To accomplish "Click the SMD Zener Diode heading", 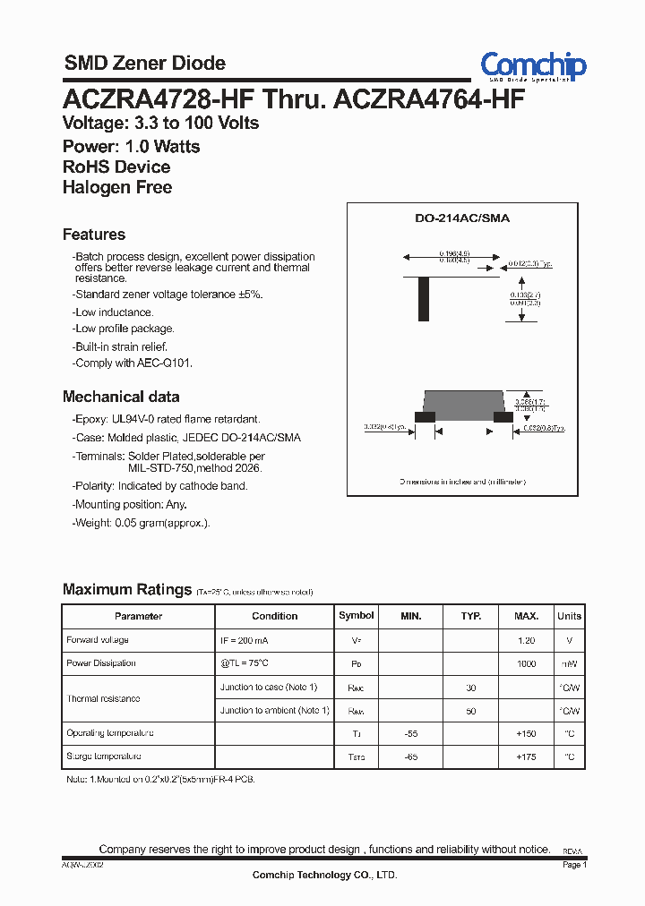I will coord(144,63).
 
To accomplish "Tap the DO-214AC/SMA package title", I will coord(461,218).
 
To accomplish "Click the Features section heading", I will coord(94,235).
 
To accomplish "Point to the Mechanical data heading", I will coord(121,397).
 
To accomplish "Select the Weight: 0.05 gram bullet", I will coord(141,523).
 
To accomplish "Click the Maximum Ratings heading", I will coord(127,590).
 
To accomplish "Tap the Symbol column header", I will coord(357,616).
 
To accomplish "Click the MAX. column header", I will coord(526,616).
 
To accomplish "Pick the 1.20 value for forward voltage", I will coord(526,641).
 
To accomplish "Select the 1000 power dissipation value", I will coord(526,663).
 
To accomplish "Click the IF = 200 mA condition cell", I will coord(245,641).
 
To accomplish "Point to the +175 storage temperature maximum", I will coord(526,756).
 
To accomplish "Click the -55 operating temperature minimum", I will coord(410,733).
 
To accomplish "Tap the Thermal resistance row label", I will coord(103,698).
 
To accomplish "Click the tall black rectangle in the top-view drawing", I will coord(424,299).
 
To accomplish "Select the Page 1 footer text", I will coord(574,865).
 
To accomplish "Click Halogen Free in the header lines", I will coord(117,187).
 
